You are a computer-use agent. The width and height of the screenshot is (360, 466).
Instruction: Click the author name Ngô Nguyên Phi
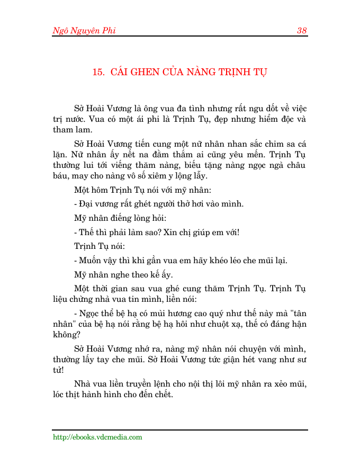[x=84, y=30]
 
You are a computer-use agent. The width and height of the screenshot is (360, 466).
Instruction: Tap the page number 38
[x=302, y=30]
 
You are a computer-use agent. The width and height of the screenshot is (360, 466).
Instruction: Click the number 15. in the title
[x=98, y=73]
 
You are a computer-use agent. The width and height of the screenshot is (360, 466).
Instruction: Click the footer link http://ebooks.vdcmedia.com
[x=97, y=437]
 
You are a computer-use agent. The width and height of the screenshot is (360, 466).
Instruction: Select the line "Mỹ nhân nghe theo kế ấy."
[x=123, y=274]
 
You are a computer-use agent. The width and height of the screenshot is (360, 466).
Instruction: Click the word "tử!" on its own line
[x=58, y=371]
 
